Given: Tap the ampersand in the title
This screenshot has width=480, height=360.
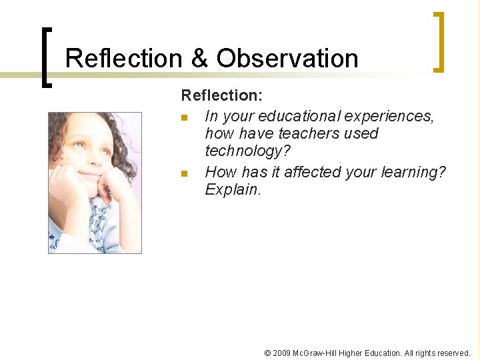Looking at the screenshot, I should point(199,59).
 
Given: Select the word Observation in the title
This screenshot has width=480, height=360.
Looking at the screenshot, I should point(287,59).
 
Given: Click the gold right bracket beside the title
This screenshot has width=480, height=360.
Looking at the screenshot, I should point(438,41).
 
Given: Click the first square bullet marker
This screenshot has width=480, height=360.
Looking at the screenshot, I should point(185,118).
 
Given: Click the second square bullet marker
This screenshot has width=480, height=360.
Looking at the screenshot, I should point(185,173).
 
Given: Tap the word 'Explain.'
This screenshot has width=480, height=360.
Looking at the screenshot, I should point(233,189).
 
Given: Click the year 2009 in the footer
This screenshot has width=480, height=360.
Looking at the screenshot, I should point(280,353).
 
